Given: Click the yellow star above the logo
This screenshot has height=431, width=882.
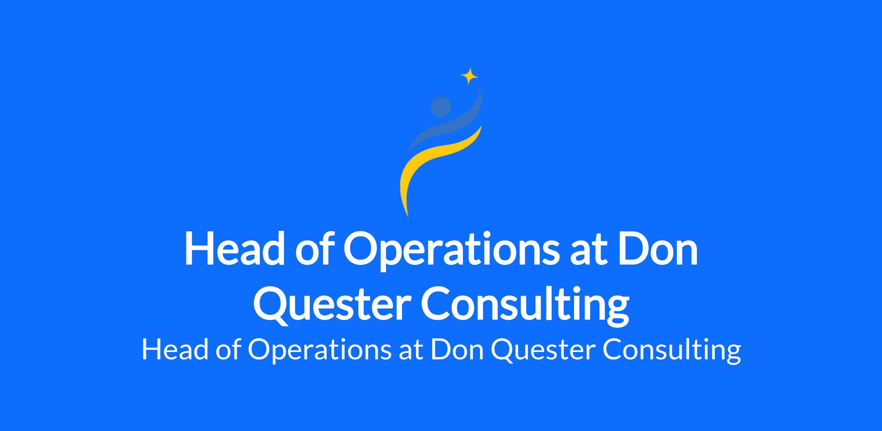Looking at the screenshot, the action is coord(469,76).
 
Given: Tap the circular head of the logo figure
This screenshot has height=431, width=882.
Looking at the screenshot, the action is coord(441,107).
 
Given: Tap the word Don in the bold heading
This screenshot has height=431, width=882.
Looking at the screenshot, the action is coord(657,248).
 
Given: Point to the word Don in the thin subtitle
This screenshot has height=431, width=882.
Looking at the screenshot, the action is coord(457,350).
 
